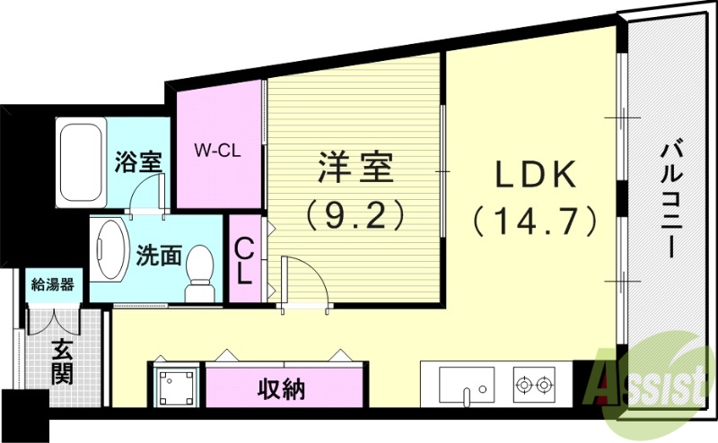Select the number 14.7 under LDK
535,218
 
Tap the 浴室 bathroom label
138,162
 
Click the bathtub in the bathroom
82,162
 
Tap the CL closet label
243,260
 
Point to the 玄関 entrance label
61,361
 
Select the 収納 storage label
282,389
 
